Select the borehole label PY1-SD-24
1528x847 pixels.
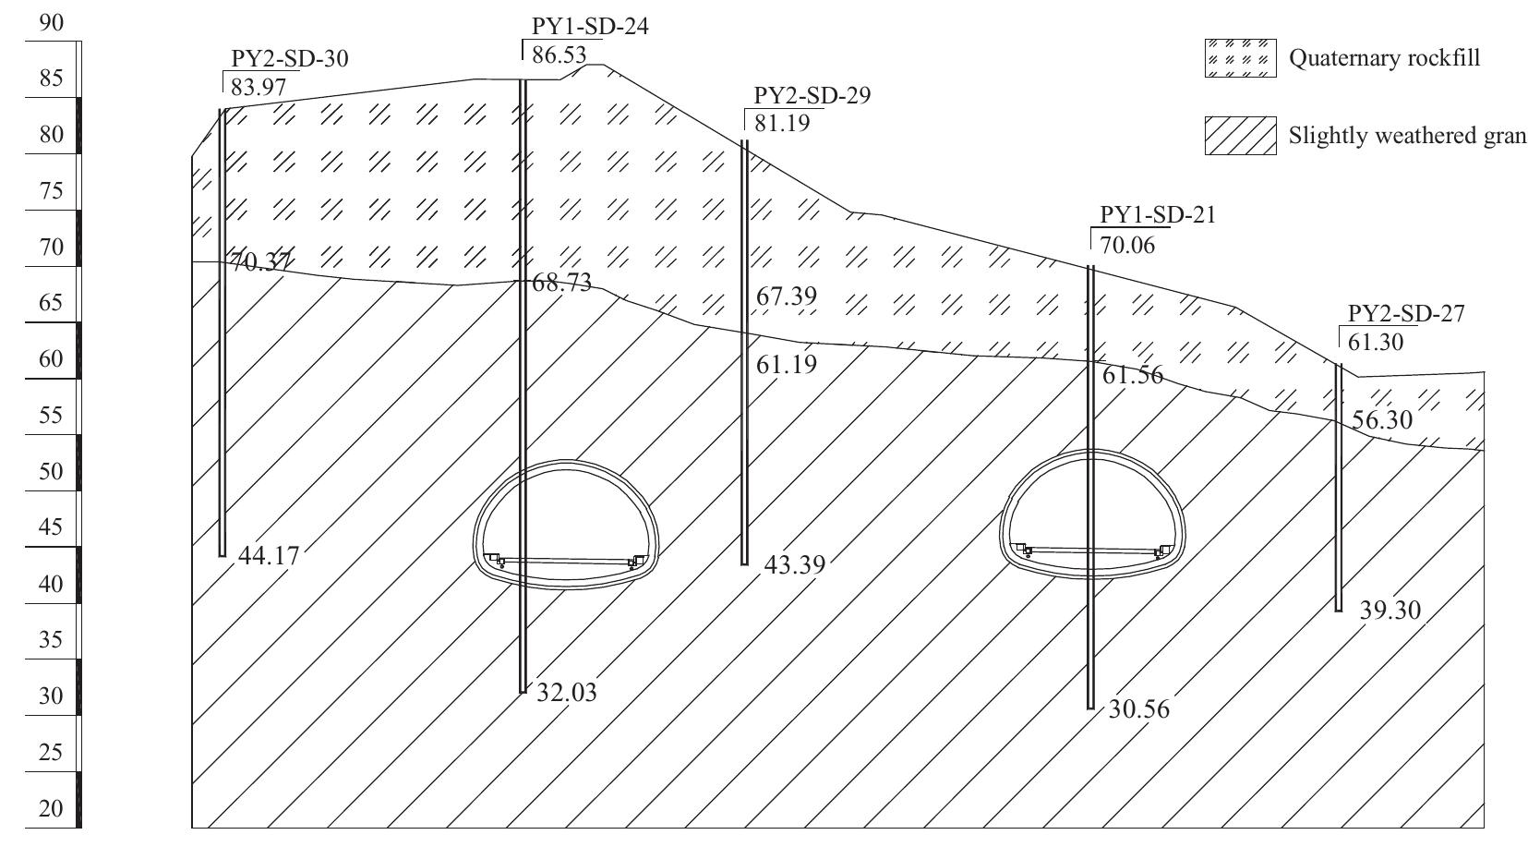click(x=589, y=27)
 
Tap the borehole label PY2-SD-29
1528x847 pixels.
click(x=812, y=96)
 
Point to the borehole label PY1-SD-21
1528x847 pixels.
click(x=1158, y=216)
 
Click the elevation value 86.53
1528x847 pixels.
click(x=559, y=55)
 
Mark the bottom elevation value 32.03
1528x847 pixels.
click(x=567, y=692)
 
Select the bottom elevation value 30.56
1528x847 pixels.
click(x=1138, y=709)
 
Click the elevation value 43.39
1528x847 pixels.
click(x=795, y=564)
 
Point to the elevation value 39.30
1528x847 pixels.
click(x=1390, y=611)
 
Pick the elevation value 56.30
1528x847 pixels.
click(x=1381, y=420)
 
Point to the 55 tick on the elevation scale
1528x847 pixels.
click(x=52, y=416)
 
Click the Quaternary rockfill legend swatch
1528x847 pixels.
click(x=1240, y=58)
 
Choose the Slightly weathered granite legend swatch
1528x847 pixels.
click(x=1240, y=136)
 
